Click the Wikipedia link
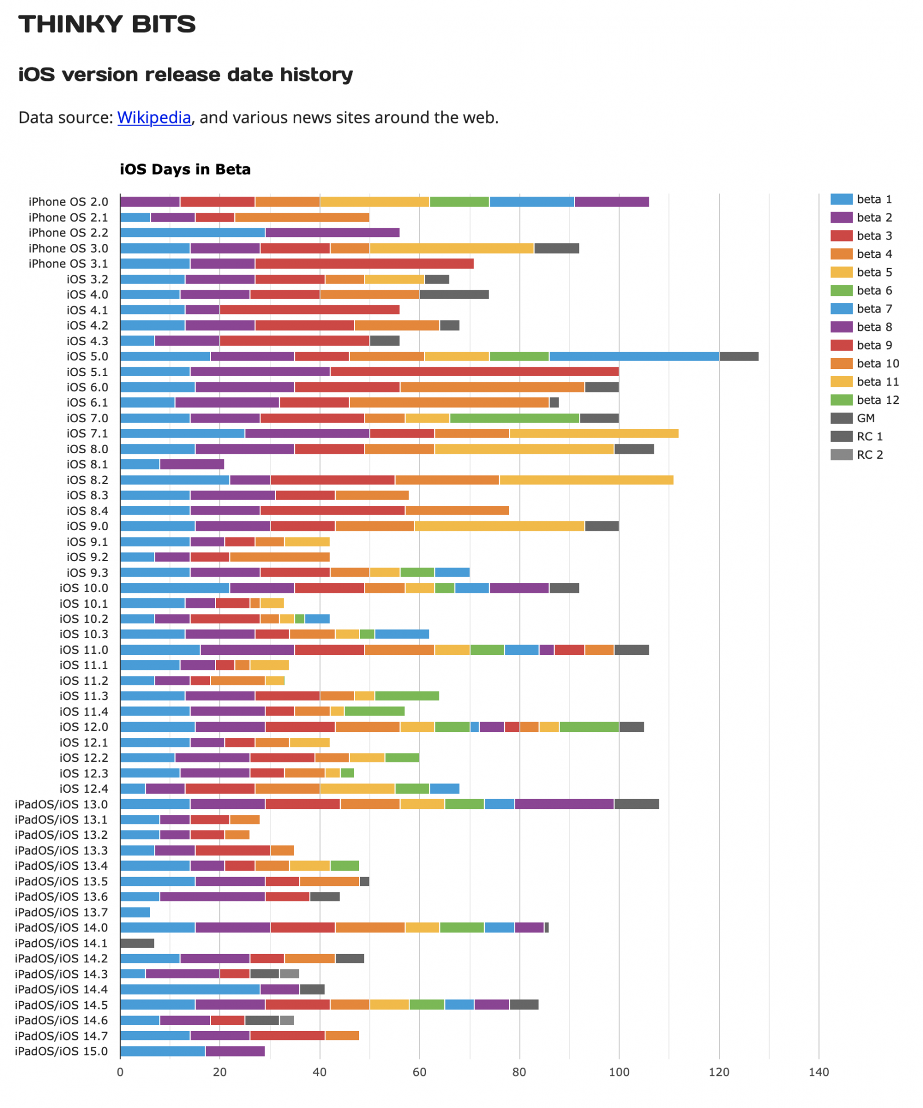154,117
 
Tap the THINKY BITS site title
107,24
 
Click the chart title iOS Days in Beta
185,170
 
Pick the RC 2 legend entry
869,455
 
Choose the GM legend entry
865,418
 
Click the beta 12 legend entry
877,400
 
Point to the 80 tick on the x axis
519,1072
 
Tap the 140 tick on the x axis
818,1072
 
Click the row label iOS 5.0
88,356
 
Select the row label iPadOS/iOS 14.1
61,943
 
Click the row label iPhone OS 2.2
68,233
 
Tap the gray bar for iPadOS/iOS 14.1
137,943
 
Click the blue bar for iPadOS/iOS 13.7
135,912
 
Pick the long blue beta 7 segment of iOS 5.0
634,356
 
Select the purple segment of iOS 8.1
192,464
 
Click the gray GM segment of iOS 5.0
739,356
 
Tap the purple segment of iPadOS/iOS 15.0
235,1051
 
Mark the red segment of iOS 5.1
474,372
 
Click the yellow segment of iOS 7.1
594,433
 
